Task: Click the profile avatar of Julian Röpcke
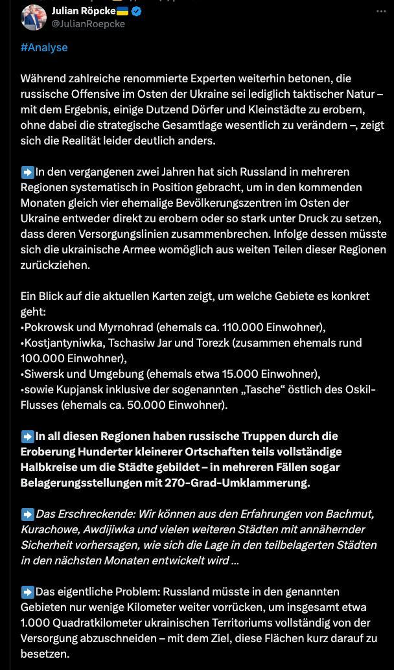[33, 17]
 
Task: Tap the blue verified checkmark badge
[137, 11]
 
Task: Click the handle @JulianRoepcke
[88, 23]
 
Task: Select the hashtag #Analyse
[44, 47]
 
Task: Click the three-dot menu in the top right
[378, 11]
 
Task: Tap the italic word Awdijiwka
[106, 529]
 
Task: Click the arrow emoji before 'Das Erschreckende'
[28, 514]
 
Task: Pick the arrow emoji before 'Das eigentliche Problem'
[28, 592]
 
